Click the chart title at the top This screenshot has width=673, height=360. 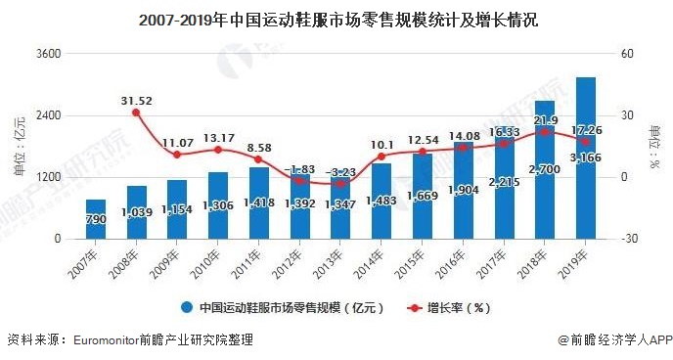[x=336, y=20]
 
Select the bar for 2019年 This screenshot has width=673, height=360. [x=586, y=157]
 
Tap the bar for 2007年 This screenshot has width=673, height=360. [x=95, y=219]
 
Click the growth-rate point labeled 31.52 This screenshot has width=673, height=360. [x=136, y=112]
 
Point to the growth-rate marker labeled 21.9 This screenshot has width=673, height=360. [x=545, y=132]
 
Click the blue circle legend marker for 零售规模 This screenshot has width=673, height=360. [x=186, y=307]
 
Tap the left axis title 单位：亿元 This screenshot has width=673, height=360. [x=20, y=147]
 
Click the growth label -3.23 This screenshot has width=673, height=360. [x=340, y=171]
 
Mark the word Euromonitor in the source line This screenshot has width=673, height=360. [x=108, y=340]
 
